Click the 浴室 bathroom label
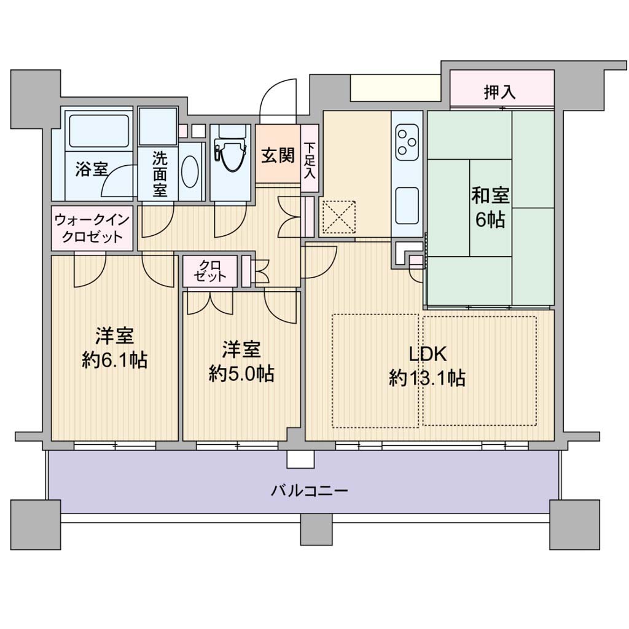(92, 170)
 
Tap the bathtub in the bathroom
(99, 130)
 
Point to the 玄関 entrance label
(278, 155)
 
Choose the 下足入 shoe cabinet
(310, 158)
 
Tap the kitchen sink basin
(407, 206)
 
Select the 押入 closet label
(499, 92)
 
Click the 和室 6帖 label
(490, 207)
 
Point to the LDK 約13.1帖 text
(427, 366)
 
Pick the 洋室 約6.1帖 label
(114, 348)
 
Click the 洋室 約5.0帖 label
(241, 361)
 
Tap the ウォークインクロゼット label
(92, 227)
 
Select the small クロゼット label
(209, 271)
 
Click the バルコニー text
(310, 490)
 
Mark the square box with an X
(339, 216)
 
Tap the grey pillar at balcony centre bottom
(316, 530)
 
